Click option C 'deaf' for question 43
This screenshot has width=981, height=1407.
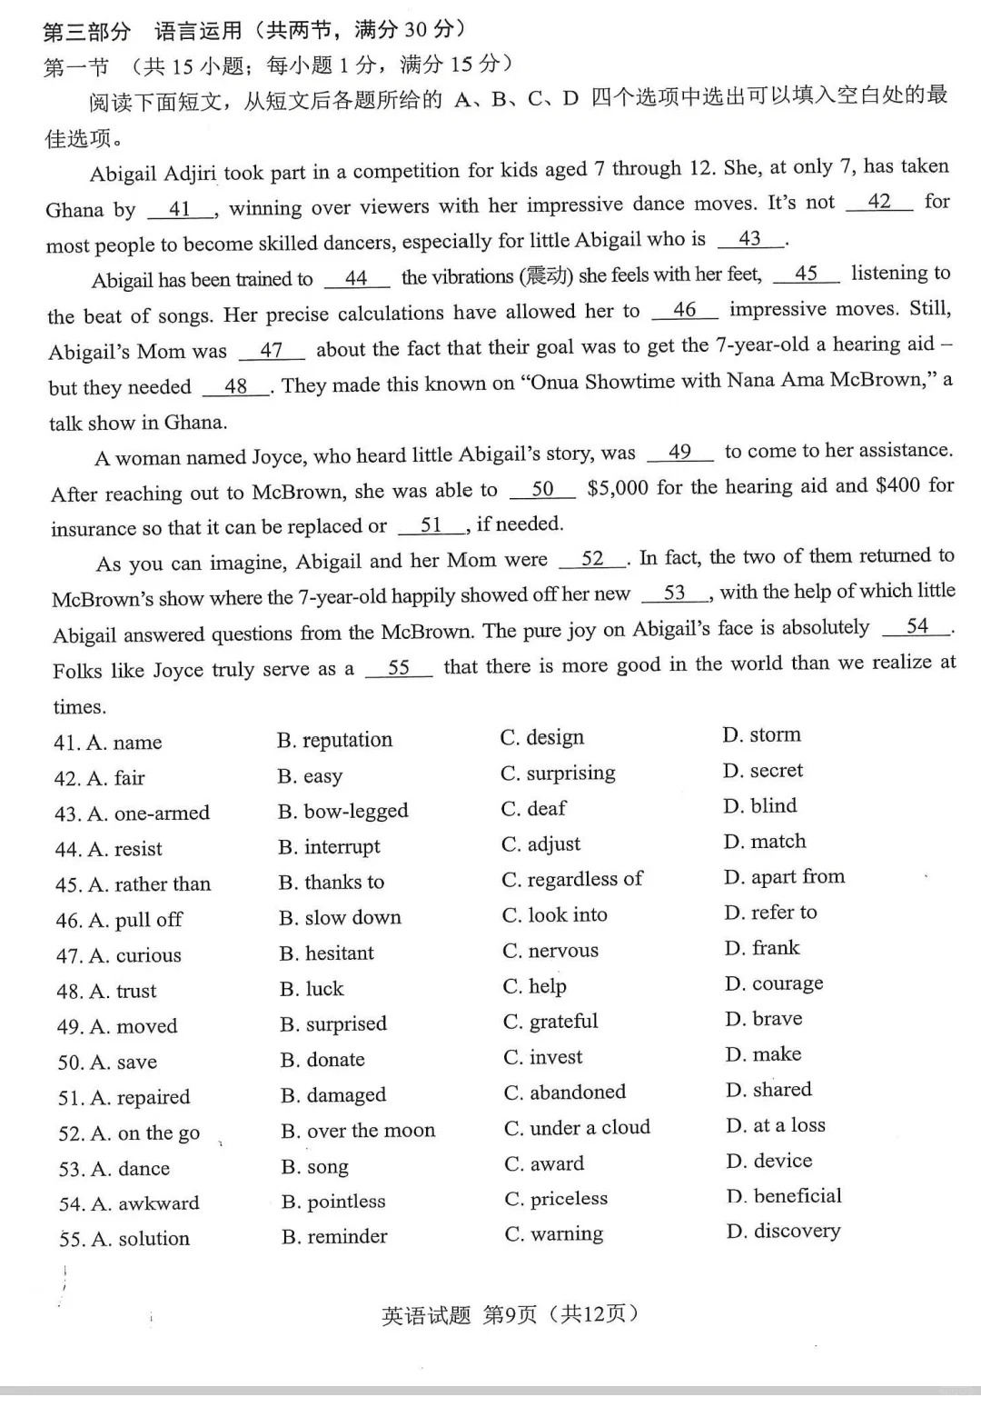pyautogui.click(x=533, y=808)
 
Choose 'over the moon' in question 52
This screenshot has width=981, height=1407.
pyautogui.click(x=358, y=1131)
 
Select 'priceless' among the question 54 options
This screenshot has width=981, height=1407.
pyautogui.click(x=556, y=1199)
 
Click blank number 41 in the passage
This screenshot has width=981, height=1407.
pyautogui.click(x=181, y=209)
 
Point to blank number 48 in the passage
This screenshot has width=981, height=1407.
pyautogui.click(x=236, y=386)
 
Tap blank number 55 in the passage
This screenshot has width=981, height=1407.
pyautogui.click(x=399, y=667)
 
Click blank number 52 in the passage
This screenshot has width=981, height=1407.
pyautogui.click(x=592, y=559)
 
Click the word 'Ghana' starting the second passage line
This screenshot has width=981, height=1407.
pyautogui.click(x=74, y=210)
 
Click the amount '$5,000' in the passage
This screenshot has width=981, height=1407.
pyautogui.click(x=618, y=488)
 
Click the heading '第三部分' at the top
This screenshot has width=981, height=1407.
pyautogui.click(x=87, y=32)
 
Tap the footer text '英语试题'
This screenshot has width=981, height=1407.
pyautogui.click(x=426, y=1314)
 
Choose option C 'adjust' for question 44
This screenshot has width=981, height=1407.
pyautogui.click(x=541, y=843)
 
